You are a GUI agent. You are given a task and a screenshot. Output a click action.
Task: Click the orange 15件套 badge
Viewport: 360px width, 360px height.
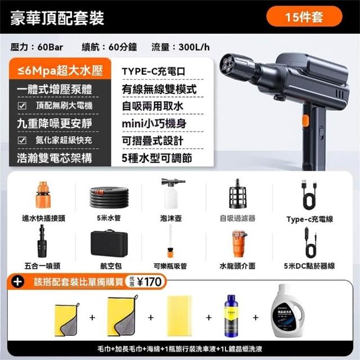304,16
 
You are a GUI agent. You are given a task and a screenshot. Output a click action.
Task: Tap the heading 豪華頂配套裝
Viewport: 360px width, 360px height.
57,18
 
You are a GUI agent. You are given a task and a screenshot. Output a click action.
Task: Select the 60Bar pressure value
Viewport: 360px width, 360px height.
50,47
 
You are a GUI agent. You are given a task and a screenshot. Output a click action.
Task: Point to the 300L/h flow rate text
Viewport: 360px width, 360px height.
194,47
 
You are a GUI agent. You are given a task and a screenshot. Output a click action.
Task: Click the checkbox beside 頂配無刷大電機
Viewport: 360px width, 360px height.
22,106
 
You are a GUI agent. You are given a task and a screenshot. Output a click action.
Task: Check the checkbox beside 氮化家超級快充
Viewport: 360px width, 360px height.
22,140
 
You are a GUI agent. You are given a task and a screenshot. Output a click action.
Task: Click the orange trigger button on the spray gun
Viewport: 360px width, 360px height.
305,121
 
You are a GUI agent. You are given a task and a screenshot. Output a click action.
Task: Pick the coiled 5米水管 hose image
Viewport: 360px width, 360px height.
109,197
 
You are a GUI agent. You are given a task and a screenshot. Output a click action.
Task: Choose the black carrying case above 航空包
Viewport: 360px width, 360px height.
109,244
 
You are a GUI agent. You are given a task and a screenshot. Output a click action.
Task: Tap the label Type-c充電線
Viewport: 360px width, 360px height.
310,219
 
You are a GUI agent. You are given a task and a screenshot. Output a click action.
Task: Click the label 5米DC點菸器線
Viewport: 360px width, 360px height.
309,266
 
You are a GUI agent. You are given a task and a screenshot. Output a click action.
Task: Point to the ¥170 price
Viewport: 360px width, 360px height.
149,282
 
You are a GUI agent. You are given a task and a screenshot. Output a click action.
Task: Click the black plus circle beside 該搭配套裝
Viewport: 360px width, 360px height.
18,282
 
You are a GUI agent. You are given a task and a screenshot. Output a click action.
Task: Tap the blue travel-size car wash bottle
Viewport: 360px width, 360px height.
231,316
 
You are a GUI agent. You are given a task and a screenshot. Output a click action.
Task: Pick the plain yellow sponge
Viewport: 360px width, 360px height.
179,316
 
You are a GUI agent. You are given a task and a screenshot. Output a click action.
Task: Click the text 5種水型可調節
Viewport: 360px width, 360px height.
157,158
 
